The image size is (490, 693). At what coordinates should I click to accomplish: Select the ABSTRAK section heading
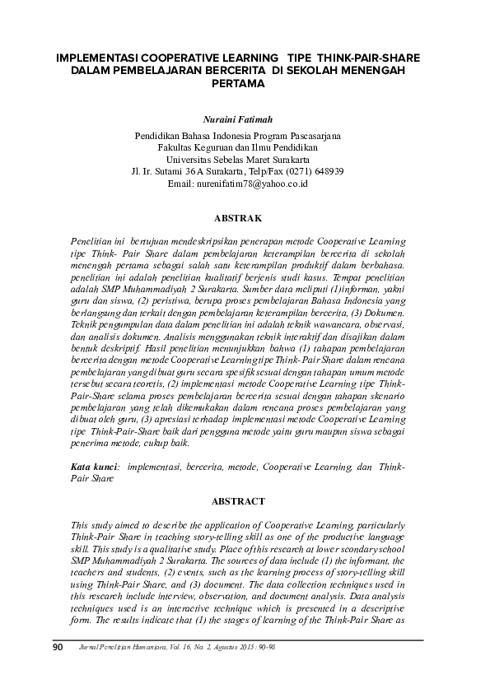[x=237, y=218]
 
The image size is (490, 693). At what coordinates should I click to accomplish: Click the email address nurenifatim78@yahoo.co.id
[x=250, y=184]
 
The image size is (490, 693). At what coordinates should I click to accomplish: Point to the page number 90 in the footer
[x=58, y=648]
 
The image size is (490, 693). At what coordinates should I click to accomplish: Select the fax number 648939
[x=327, y=171]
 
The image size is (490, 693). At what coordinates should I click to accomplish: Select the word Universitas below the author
[x=189, y=159]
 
